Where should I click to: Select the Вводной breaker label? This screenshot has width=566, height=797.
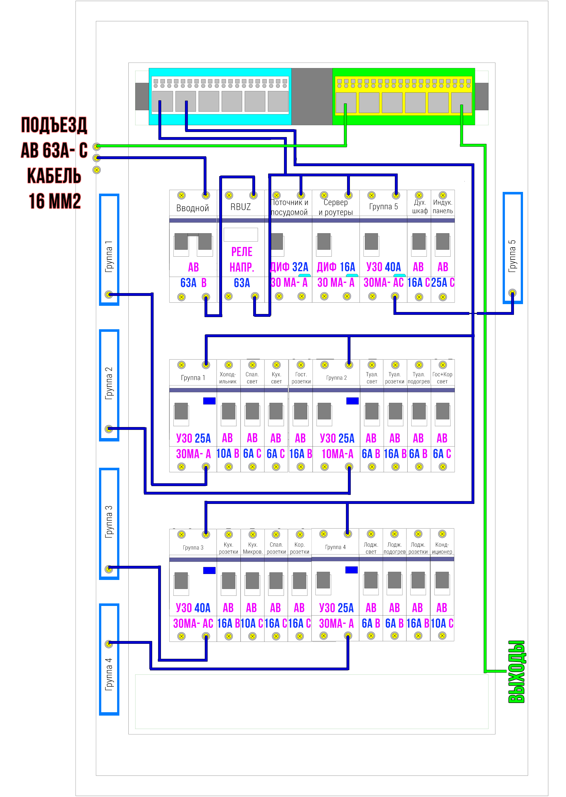pos(192,208)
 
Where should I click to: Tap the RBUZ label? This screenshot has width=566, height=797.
pos(240,207)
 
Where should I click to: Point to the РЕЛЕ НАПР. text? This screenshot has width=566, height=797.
pos(242,259)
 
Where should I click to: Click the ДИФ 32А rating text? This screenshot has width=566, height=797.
pos(289,267)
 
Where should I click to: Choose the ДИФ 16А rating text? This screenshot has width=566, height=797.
pos(336,267)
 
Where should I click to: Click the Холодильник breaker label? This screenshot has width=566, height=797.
pos(228,378)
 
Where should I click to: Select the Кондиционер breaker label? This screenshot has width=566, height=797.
pos(442,548)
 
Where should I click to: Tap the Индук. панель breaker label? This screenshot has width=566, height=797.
pos(443,207)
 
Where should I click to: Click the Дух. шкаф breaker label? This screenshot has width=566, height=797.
pos(420,207)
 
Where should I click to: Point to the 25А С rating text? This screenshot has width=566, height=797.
pos(443,282)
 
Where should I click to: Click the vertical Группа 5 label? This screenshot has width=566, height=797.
pos(512,256)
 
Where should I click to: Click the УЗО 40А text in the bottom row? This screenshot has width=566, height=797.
pos(193,608)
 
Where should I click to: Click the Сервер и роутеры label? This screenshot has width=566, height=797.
pos(336,207)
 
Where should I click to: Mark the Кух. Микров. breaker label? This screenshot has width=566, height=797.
pos(253,548)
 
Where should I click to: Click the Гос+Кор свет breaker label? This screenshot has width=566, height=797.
pos(442,378)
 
